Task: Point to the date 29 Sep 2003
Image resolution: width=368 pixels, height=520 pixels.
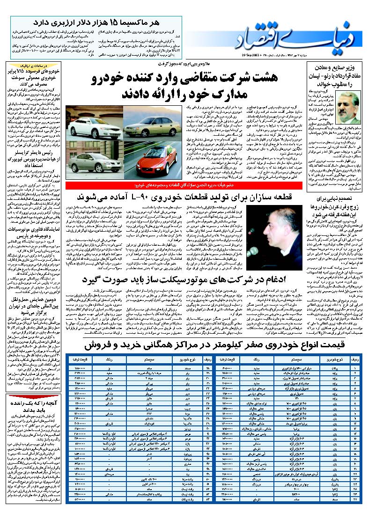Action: tap(253, 55)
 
